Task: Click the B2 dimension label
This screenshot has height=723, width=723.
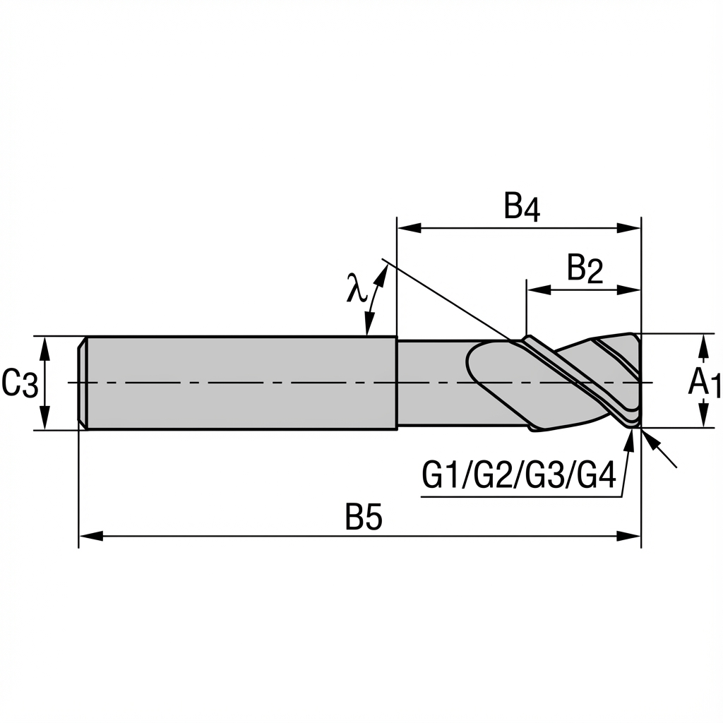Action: tap(585, 270)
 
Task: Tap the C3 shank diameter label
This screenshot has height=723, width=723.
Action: tap(19, 384)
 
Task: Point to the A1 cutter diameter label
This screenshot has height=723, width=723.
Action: tap(704, 383)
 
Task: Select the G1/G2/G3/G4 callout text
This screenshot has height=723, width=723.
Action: tap(519, 475)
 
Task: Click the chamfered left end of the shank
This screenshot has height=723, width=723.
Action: tap(82, 382)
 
